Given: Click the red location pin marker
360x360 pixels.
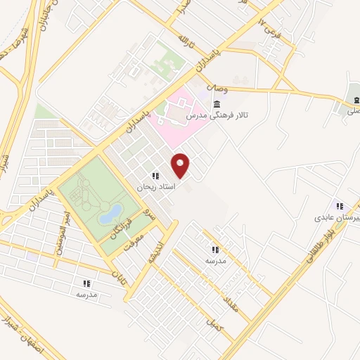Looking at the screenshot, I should pos(181,165).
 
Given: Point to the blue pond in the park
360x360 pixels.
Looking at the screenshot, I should pos(110,214).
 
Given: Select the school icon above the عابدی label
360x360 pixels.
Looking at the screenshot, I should pos(340,206).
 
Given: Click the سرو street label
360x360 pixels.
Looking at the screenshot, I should pos(147,210).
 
